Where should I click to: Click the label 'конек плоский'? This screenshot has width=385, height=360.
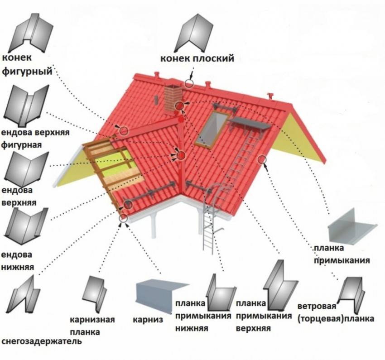(197, 58)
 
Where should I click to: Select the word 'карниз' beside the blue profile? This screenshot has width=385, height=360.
(148, 319)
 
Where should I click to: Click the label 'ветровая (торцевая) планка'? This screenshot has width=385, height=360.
(336, 312)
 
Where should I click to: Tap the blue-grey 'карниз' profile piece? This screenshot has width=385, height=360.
(161, 293)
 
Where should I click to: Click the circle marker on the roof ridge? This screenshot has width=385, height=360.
(189, 83)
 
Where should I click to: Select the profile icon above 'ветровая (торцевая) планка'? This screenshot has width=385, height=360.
(351, 290)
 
